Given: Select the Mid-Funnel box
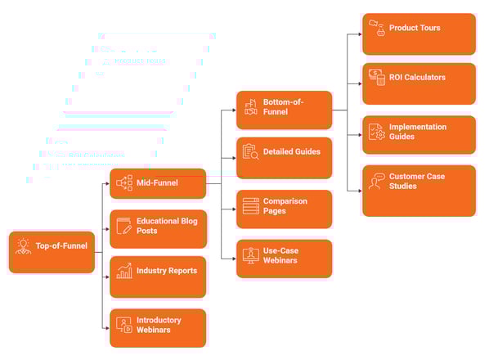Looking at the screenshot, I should [x=158, y=183].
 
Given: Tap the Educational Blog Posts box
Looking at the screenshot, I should [x=158, y=228].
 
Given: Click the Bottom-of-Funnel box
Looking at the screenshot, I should [x=284, y=110].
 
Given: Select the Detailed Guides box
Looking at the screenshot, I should [x=284, y=156].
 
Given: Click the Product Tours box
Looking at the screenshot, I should [x=418, y=33].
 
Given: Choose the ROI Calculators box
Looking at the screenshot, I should [x=418, y=83].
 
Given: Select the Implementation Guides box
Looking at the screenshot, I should [x=418, y=134].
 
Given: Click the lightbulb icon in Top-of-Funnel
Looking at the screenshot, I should [x=22, y=246].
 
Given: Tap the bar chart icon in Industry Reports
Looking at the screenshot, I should [x=123, y=270].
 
